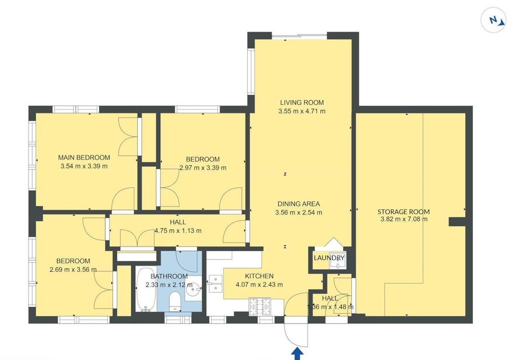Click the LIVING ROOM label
click(x=302, y=103)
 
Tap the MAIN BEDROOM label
click(x=84, y=157)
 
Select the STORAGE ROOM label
click(x=403, y=211)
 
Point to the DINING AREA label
click(x=299, y=204)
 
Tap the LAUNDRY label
click(x=329, y=258)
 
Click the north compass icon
click(x=494, y=20)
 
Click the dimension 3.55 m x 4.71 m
click(x=302, y=111)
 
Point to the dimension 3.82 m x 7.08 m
click(x=404, y=219)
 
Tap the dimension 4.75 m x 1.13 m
click(x=178, y=231)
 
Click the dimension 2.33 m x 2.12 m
click(x=169, y=284)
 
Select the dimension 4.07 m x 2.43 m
click(x=259, y=284)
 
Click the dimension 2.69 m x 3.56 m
click(x=73, y=270)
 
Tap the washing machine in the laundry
click(x=337, y=260)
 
